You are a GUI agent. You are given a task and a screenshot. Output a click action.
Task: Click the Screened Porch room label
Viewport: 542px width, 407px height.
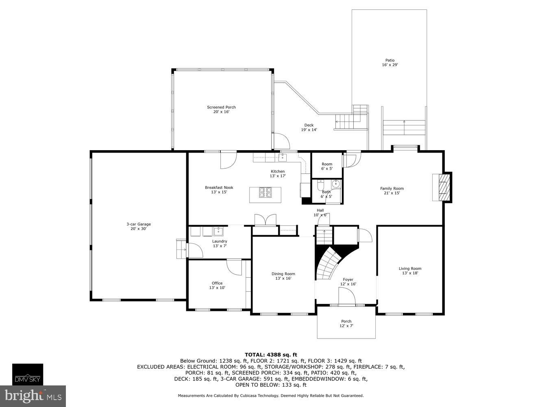221,107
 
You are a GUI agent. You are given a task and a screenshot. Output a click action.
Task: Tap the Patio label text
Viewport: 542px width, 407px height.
390,60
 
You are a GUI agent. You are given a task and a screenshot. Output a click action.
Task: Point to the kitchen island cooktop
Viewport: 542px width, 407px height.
266,192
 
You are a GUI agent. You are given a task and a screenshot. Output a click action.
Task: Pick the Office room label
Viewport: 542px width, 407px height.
217,283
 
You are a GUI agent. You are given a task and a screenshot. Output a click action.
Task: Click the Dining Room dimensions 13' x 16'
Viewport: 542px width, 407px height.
283,278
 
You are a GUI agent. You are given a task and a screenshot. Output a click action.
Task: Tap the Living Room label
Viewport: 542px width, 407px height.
410,269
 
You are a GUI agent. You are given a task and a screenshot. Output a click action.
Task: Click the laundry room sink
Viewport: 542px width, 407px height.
218,232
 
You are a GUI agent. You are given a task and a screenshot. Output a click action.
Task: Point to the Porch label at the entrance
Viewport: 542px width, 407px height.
346,321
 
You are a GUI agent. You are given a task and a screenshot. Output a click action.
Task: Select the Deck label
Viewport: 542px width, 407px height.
309,125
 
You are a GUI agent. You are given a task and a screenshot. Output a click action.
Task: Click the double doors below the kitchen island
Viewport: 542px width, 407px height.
265,220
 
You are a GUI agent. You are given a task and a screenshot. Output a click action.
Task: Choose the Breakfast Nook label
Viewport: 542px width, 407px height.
219,188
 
